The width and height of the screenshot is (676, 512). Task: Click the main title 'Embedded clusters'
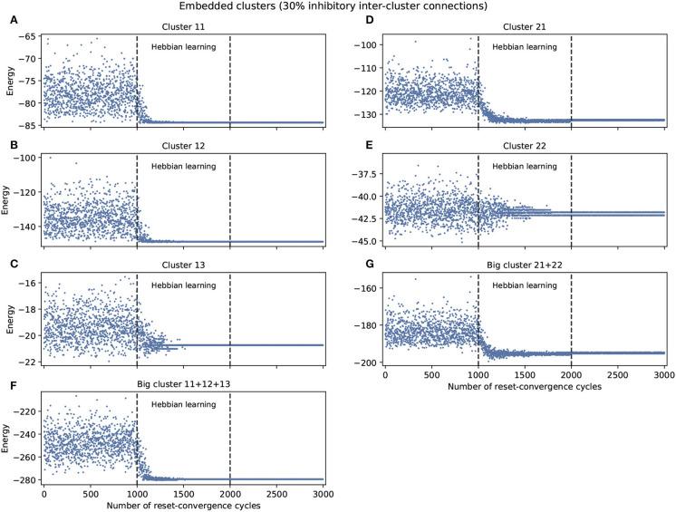click(338, 7)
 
